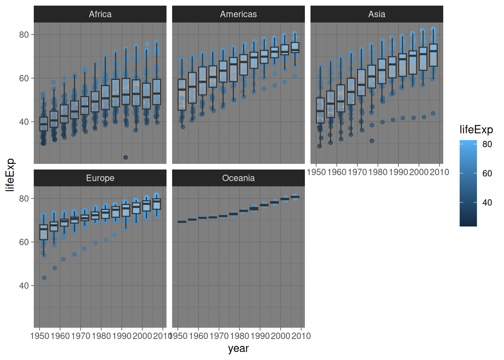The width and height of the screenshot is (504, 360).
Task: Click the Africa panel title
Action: tap(100, 14)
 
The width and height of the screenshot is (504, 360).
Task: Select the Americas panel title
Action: tap(238, 14)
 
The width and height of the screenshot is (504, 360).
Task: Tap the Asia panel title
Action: tap(376, 14)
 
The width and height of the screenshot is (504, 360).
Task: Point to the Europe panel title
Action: tap(100, 178)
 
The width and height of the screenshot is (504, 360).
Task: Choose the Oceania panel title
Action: tap(238, 178)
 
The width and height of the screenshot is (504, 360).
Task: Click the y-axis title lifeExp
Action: tap(10, 175)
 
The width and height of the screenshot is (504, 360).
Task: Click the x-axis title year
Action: tap(238, 348)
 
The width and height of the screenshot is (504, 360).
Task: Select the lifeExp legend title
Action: tap(476, 130)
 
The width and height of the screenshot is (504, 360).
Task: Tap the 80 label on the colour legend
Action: tap(487, 144)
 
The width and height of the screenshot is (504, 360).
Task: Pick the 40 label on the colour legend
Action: tap(487, 203)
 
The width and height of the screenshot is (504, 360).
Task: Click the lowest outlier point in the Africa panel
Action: tap(126, 157)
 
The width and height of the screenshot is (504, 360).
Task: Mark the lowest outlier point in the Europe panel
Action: tap(44, 278)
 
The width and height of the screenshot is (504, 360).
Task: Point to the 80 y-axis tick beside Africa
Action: tap(24, 35)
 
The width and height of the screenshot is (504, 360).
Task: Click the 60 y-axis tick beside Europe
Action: tap(24, 242)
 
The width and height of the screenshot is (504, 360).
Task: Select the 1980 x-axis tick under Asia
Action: tap(378, 172)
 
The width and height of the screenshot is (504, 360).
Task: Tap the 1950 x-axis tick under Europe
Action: tap(40, 336)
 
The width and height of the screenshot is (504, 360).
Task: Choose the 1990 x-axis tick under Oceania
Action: tap(260, 336)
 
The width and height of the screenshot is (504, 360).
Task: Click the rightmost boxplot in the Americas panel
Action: tap(295, 48)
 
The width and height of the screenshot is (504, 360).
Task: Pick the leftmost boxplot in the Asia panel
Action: tap(320, 110)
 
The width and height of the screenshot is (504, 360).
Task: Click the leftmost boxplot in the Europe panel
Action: tap(44, 232)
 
